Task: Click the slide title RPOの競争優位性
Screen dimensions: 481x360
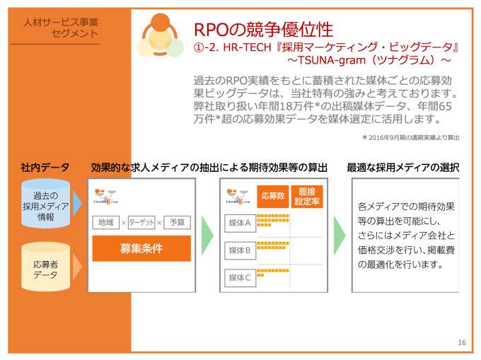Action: pyautogui.click(x=262, y=29)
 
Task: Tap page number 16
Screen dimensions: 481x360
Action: pyautogui.click(x=462, y=343)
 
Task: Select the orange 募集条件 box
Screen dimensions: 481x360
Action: pyautogui.click(x=141, y=249)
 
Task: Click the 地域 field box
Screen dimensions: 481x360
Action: pyautogui.click(x=105, y=223)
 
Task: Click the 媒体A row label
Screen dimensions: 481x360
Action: pyautogui.click(x=239, y=222)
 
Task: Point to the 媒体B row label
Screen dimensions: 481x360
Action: pyautogui.click(x=239, y=250)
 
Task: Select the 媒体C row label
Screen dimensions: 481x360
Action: pyautogui.click(x=239, y=278)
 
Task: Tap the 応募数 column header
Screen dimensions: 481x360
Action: pyautogui.click(x=272, y=195)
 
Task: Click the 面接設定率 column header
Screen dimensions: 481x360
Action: pyautogui.click(x=306, y=195)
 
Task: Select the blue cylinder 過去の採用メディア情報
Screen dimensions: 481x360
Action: pyautogui.click(x=45, y=206)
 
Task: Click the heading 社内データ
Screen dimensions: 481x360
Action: pyautogui.click(x=45, y=168)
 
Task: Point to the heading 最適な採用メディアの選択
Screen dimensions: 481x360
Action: pyautogui.click(x=402, y=168)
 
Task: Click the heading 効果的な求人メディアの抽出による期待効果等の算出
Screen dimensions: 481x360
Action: pyautogui.click(x=209, y=168)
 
